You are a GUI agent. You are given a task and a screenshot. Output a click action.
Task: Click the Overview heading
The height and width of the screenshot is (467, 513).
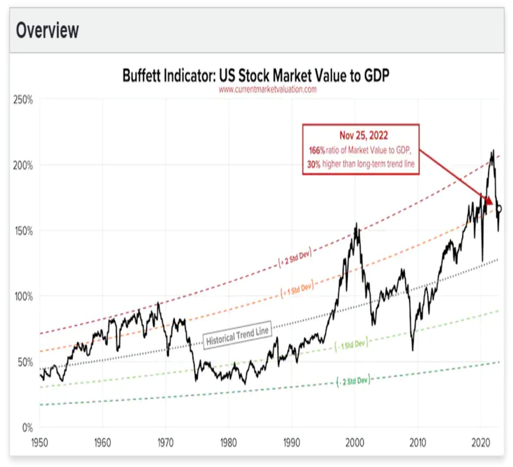point(47,30)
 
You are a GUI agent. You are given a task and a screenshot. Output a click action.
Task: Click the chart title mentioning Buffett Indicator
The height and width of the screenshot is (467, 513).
point(256,75)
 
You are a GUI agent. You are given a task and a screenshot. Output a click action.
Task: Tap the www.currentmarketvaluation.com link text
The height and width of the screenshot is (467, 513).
point(267,89)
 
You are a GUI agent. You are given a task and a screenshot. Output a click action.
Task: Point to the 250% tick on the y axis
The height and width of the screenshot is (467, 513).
point(23,100)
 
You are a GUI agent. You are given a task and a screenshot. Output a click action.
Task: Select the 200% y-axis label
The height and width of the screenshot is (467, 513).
point(23,165)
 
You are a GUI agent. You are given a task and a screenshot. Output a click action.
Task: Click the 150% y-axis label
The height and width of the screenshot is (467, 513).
point(23,230)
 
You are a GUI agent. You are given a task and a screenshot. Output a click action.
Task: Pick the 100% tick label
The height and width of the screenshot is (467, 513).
point(23,296)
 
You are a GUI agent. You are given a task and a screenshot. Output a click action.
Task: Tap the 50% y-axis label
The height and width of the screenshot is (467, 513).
point(25,362)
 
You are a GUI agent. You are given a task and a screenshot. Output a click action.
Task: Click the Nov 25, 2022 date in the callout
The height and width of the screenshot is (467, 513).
point(360,136)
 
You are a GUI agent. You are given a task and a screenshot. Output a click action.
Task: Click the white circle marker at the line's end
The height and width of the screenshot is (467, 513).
point(499,209)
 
